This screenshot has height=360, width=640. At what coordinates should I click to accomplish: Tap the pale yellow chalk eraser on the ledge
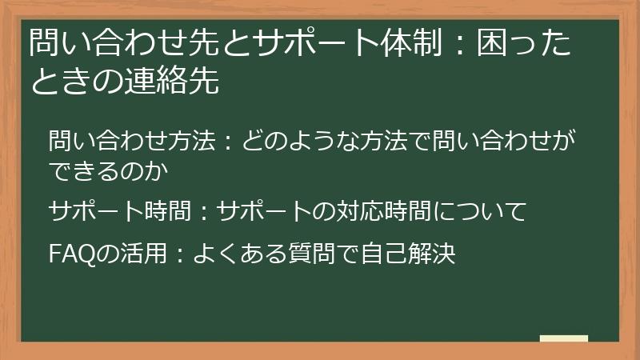click(x=563, y=338)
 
